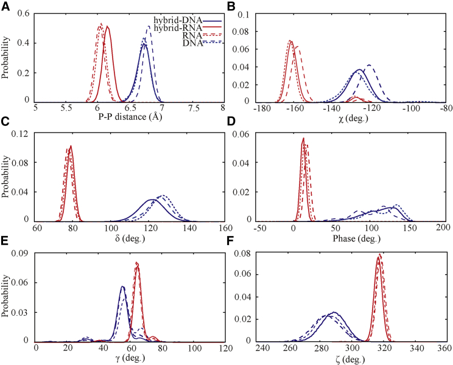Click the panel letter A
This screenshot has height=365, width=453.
pos(5,6)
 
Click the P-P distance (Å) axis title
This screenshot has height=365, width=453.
pos(130,116)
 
